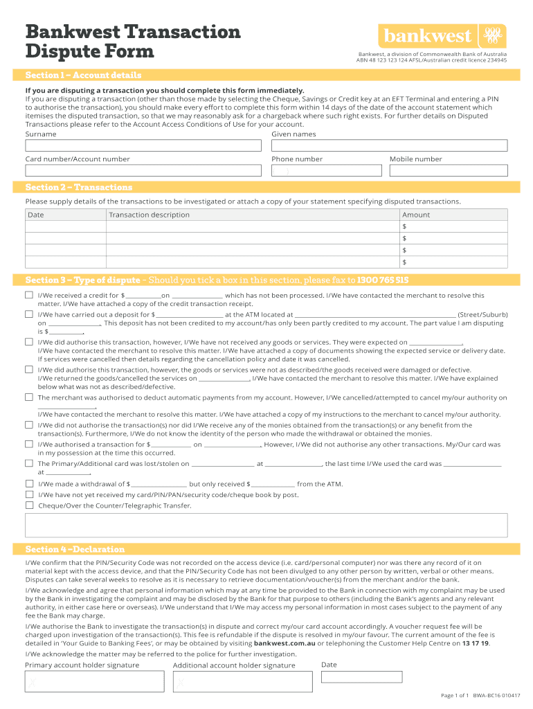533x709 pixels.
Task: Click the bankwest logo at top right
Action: [x=441, y=36]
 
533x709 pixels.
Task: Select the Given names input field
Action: [x=389, y=146]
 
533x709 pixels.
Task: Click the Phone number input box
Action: [x=327, y=171]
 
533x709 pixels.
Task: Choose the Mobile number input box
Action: [x=448, y=171]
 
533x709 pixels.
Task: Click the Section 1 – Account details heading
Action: [x=83, y=75]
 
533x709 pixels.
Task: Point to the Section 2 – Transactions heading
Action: [x=79, y=188]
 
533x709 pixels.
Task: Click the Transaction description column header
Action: [x=149, y=215]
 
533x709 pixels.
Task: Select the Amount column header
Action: [x=416, y=215]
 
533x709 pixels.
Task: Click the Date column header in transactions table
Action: [x=36, y=215]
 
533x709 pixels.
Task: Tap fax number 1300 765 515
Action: [x=383, y=280]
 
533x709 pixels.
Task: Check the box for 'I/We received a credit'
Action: [x=29, y=296]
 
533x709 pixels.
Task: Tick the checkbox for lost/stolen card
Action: [x=29, y=463]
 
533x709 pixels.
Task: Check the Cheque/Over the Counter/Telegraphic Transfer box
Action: [x=29, y=505]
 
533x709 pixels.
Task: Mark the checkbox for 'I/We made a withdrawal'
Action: [x=29, y=484]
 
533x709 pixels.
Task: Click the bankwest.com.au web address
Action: [x=286, y=643]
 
